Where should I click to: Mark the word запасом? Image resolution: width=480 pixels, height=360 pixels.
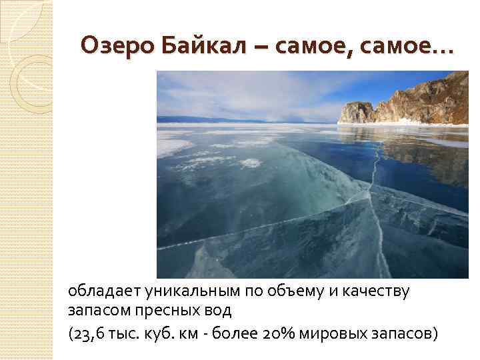[93, 311]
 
